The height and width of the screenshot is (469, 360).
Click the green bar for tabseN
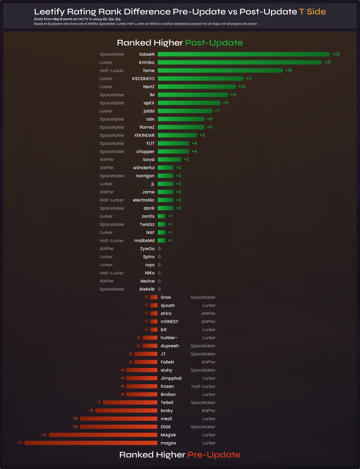243,54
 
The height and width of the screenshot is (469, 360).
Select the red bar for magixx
91,443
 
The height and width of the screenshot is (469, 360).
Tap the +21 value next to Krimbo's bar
327,62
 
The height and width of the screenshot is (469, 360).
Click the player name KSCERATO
143,78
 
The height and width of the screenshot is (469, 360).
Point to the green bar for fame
220,71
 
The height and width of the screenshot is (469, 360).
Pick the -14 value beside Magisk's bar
43,435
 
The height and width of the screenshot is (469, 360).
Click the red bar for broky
126,411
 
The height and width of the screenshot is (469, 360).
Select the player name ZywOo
147,249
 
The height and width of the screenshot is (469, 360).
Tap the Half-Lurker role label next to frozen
203,386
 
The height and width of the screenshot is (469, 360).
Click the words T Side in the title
312,12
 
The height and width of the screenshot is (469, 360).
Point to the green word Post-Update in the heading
214,43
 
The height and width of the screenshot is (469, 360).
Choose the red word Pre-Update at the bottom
214,455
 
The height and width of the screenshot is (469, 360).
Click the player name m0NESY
169,321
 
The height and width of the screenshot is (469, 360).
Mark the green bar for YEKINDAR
177,135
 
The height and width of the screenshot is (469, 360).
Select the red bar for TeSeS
130,402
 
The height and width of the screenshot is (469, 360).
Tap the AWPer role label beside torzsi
107,159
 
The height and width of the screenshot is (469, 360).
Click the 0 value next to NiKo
159,273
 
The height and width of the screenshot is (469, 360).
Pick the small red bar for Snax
154,297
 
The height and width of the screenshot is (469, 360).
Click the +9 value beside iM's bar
233,95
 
